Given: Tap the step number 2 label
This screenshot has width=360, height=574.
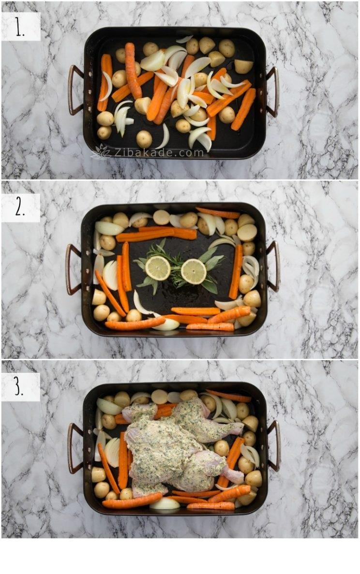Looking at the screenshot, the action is tap(20, 208).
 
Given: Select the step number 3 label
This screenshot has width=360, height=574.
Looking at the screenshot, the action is tap(19, 387).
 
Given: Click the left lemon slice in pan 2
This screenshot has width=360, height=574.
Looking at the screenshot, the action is tap(158, 268).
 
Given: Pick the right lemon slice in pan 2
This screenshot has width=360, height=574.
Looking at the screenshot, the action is tap(194, 272).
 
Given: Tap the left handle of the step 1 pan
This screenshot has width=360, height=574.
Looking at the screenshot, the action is tap(75, 90).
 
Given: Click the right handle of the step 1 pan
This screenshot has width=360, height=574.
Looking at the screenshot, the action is tap(273, 92).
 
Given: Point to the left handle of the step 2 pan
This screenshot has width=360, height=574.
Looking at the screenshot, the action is tap(73, 269).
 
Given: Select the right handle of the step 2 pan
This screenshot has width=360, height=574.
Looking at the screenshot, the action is tap(273, 266).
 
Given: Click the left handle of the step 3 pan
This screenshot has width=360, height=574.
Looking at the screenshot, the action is tap(75, 448).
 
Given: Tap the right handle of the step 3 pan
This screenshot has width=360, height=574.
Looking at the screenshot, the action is tap(273, 446).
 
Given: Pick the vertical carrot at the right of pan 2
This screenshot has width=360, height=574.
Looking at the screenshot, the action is tap(236, 272).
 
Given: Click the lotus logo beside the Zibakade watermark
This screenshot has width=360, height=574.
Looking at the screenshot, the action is tap(101, 152).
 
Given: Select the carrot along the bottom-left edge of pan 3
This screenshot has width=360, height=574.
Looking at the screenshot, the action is tap(132, 500).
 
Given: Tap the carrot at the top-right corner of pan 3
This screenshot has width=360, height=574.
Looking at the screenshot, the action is tap(228, 396).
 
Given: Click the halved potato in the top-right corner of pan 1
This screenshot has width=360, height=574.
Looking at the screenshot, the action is tap(243, 66).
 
